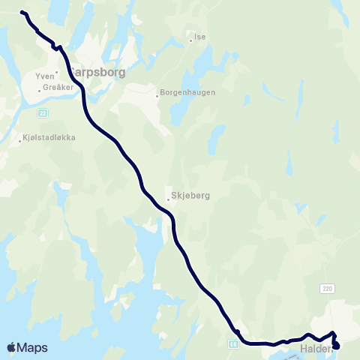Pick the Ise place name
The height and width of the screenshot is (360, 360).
[199, 36]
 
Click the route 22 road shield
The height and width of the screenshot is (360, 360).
[43, 112]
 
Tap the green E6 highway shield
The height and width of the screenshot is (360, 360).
[233, 343]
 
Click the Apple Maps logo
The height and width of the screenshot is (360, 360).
[27, 347]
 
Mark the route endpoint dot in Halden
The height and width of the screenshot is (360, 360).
[335, 346]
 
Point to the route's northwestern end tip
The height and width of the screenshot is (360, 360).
[22, 13]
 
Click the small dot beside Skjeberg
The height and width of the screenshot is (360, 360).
[168, 199]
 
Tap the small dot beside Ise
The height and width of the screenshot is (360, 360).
[190, 40]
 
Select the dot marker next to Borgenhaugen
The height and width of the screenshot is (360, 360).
[157, 95]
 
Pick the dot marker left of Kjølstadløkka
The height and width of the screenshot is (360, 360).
[20, 140]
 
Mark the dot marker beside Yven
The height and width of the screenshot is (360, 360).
[56, 73]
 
